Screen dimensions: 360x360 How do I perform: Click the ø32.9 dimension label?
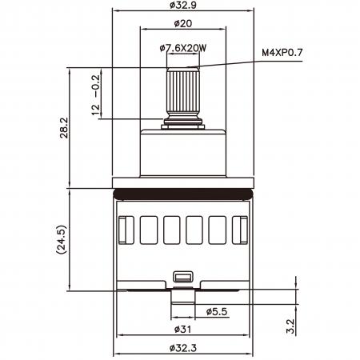182,5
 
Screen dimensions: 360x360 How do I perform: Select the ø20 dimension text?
183,23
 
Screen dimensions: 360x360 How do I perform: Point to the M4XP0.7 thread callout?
282,53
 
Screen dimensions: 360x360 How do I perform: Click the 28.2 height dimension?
64,128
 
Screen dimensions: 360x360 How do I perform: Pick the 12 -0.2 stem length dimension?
95,95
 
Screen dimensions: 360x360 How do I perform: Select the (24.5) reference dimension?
61,239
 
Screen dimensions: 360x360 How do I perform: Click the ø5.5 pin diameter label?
217,311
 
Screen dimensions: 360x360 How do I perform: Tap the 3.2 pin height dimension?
290,326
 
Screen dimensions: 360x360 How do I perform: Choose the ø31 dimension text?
182,330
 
